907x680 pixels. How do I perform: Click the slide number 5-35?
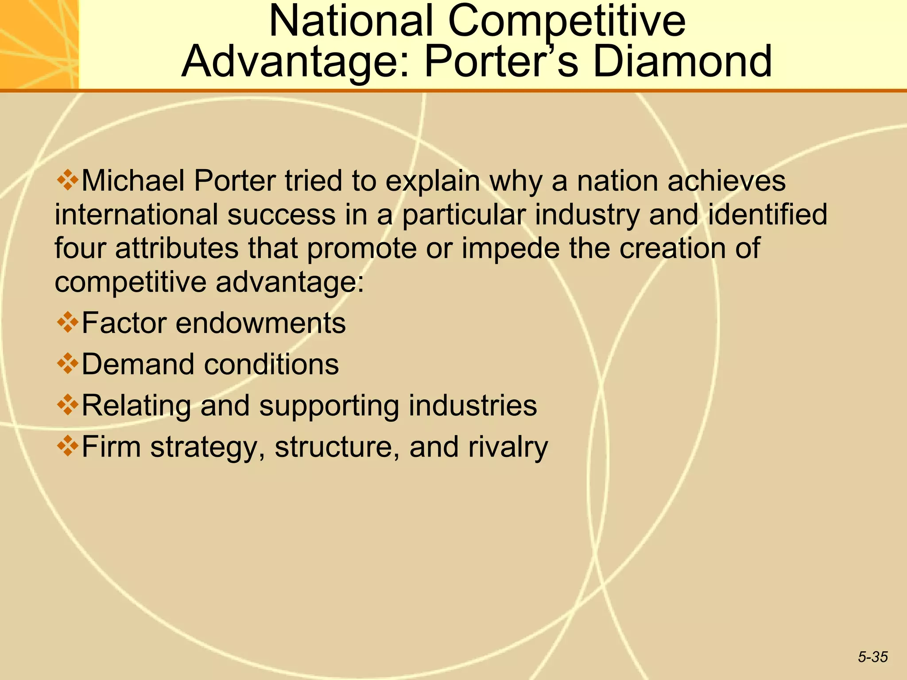pos(873,657)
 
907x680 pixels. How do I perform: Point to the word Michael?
pos(133,181)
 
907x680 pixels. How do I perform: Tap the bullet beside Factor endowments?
pos(67,322)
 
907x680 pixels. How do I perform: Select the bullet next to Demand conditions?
pos(67,363)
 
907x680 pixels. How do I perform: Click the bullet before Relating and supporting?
pos(67,404)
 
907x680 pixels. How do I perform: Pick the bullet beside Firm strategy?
pos(67,445)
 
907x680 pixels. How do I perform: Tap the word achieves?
pos(726,181)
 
